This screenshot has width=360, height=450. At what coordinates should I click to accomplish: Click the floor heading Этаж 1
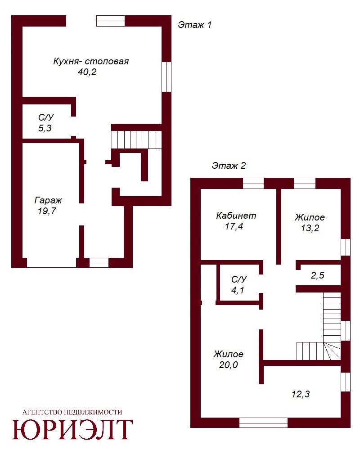tap(195, 25)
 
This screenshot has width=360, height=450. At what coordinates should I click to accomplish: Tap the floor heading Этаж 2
tap(229, 166)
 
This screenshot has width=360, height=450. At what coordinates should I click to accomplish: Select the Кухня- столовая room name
tap(91, 61)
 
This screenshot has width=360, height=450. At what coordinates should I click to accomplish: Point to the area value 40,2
tap(87, 72)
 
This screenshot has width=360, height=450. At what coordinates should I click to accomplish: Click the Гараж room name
tap(48, 200)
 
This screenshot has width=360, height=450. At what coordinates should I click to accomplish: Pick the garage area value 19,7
tap(47, 211)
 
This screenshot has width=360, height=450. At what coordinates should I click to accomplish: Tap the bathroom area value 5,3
tap(45, 128)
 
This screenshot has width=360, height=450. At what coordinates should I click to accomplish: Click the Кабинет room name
tap(236, 216)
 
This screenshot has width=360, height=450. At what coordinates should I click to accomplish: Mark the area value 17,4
tap(234, 226)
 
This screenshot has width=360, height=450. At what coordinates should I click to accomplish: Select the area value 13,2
tap(310, 228)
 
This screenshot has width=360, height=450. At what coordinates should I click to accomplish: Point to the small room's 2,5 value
tap(318, 275)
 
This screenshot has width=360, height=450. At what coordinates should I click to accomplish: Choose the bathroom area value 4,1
tap(238, 290)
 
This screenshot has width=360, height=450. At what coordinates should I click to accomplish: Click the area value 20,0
tap(229, 365)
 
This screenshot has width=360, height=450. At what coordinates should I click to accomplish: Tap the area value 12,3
tap(301, 394)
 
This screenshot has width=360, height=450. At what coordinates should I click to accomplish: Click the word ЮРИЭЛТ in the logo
tap(72, 429)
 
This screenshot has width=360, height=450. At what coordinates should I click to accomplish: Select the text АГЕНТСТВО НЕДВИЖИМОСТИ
tap(72, 412)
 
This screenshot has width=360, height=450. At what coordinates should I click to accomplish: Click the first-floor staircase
tap(136, 140)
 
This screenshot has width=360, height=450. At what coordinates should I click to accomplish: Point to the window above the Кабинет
tap(253, 184)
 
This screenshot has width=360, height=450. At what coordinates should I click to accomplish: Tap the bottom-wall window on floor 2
tap(263, 423)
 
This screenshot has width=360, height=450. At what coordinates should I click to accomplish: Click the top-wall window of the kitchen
tap(111, 21)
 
